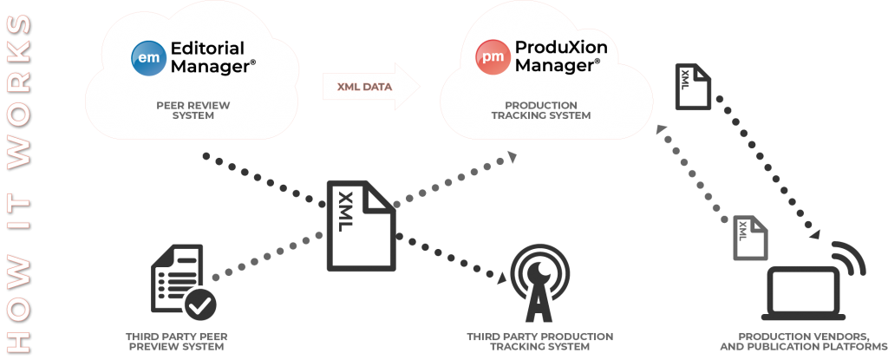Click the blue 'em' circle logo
pyautogui.click(x=149, y=58)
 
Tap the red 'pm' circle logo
pyautogui.click(x=493, y=57)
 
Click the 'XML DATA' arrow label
pyautogui.click(x=365, y=87)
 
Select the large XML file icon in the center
pyautogui.click(x=362, y=226)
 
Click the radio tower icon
pyautogui.click(x=539, y=283)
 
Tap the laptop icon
pyautogui.click(x=803, y=293)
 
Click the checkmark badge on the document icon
pyautogui.click(x=200, y=305)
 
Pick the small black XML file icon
pyautogui.click(x=693, y=86)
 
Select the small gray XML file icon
pyautogui.click(x=750, y=238)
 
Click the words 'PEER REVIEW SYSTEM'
pyautogui.click(x=193, y=110)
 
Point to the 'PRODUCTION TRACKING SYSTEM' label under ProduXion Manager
pyautogui.click(x=541, y=110)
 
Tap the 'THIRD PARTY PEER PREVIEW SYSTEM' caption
pyautogui.click(x=177, y=341)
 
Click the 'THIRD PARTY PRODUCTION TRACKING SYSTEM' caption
pyautogui.click(x=539, y=341)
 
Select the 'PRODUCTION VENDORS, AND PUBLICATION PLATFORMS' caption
pyautogui.click(x=803, y=341)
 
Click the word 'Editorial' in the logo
pyautogui.click(x=207, y=48)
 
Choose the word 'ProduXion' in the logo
pyautogui.click(x=561, y=47)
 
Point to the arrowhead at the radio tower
pyautogui.click(x=500, y=278)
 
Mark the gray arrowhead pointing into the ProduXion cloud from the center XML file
pyautogui.click(x=512, y=156)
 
